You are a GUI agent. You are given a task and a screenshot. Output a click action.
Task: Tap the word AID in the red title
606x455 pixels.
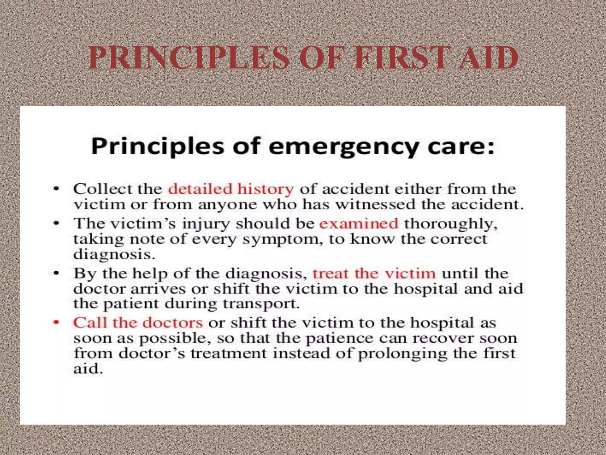[x=488, y=58]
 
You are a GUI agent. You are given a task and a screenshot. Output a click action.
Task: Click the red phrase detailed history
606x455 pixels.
[x=231, y=189]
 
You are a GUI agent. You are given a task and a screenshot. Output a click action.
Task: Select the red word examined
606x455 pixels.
[x=359, y=223]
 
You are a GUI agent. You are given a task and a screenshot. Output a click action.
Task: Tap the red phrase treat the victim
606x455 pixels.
[x=374, y=273]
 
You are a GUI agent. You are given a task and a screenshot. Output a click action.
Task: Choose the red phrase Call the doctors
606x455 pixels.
[x=138, y=323]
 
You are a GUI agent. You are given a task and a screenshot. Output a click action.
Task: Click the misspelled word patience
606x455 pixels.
[x=339, y=338]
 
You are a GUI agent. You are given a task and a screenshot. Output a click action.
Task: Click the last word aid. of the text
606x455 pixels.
[x=88, y=369]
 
